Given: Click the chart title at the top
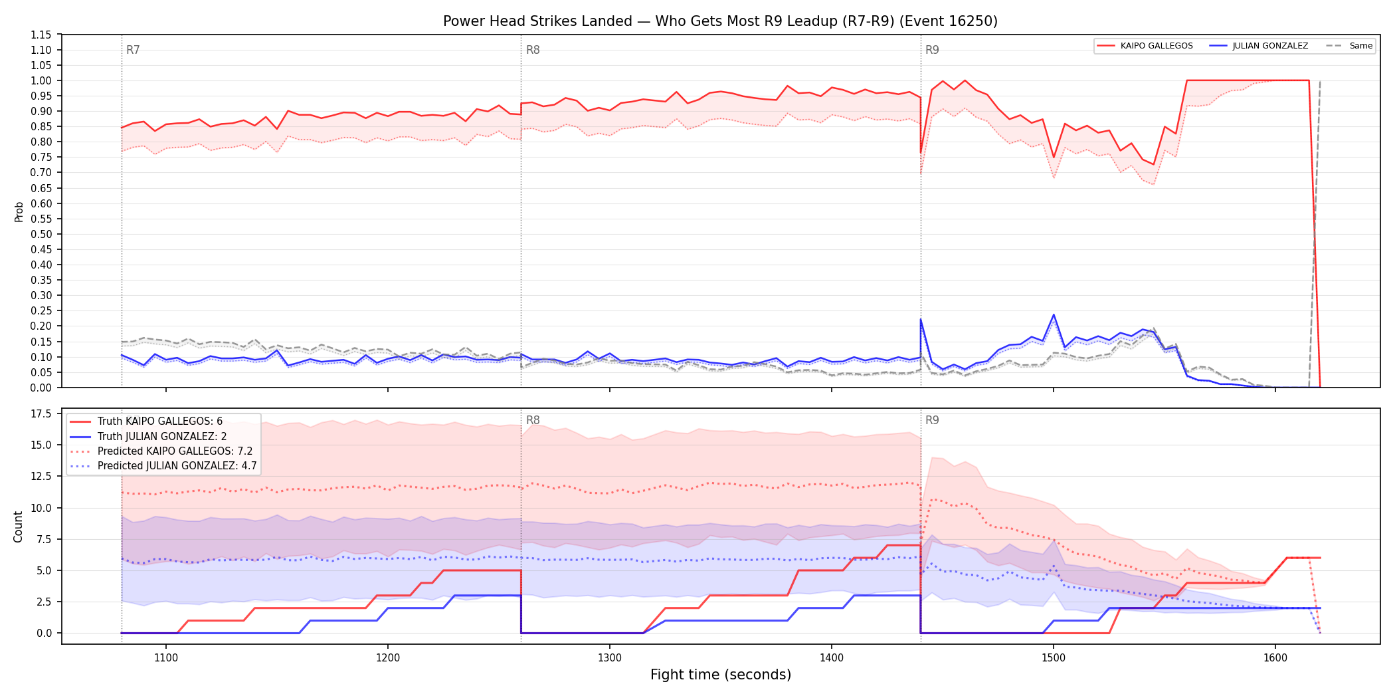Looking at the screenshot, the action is [x=720, y=21].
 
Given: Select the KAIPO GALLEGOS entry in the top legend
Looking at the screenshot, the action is [x=1145, y=46].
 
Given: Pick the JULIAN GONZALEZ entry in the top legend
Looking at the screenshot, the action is [x=1259, y=46].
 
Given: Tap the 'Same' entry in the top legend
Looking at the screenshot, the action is [x=1349, y=46].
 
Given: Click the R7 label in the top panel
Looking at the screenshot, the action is [x=133, y=50].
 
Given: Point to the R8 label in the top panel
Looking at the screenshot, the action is [x=533, y=50].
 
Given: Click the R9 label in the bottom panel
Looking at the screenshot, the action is [x=932, y=420].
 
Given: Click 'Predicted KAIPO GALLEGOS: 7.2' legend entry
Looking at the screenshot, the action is [x=161, y=451].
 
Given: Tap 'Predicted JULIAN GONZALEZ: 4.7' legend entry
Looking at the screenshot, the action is [x=163, y=466].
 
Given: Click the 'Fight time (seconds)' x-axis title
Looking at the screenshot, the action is [x=721, y=675].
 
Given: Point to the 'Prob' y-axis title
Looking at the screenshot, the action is [x=19, y=211].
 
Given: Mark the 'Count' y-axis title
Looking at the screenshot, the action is [x=18, y=526].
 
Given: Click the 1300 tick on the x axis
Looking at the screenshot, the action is [x=610, y=658].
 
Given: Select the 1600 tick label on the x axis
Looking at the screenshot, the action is [x=1275, y=658].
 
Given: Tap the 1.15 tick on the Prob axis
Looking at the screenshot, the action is [x=41, y=35].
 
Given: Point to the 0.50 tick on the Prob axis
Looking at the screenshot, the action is [x=41, y=234].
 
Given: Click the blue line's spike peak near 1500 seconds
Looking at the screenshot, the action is [x=1054, y=315].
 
